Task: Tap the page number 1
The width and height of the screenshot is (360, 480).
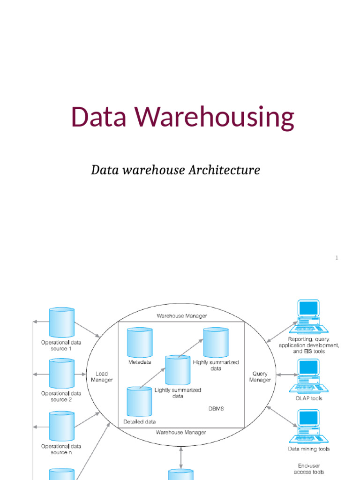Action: [x=337, y=257]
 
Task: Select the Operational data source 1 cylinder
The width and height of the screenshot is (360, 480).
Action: [x=61, y=322]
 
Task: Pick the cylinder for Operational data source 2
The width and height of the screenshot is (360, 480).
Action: [x=61, y=374]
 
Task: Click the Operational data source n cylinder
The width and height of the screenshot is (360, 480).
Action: [x=61, y=426]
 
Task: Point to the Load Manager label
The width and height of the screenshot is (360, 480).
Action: [x=102, y=376]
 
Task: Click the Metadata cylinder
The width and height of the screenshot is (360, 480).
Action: [x=140, y=342]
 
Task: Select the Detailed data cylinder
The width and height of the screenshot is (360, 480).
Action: [x=139, y=402]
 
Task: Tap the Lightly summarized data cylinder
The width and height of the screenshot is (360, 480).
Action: [x=178, y=370]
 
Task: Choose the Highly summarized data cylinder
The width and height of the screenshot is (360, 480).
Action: [x=216, y=342]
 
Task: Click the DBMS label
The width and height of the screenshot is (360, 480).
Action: [x=216, y=408]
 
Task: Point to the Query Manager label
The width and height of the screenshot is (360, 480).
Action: [x=260, y=376]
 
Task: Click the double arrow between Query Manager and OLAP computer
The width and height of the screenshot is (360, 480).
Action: [x=287, y=375]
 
